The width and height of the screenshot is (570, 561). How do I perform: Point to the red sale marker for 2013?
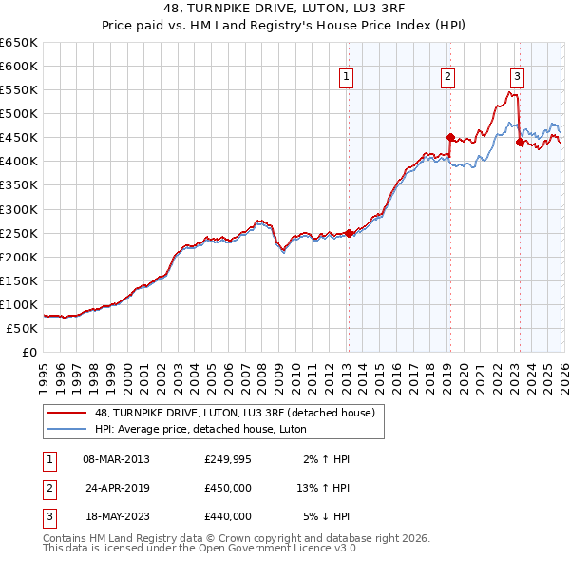click(349, 233)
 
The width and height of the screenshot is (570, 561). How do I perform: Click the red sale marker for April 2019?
click(450, 137)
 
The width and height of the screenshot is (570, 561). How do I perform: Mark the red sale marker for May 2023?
click(519, 142)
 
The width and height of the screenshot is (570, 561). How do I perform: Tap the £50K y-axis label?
click(22, 328)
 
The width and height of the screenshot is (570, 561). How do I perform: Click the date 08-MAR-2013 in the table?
click(116, 459)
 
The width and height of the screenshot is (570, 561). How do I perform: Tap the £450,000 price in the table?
click(228, 488)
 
